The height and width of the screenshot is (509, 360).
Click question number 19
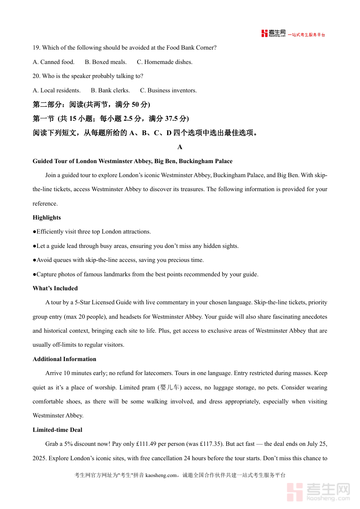pyautogui.click(x=36, y=48)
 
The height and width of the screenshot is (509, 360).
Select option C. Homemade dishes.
pyautogui.click(x=164, y=62)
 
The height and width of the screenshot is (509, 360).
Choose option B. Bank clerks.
pyautogui.click(x=110, y=90)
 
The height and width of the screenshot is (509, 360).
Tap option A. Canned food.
pyautogui.click(x=54, y=62)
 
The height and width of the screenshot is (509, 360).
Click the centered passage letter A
pyautogui.click(x=180, y=147)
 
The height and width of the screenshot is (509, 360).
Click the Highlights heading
pyautogui.click(x=47, y=218)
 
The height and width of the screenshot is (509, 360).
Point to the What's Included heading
pyautogui.click(x=55, y=288)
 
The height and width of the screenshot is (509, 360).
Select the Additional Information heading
pyautogui.click(x=64, y=359)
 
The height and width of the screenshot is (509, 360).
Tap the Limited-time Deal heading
pyautogui.click(x=58, y=430)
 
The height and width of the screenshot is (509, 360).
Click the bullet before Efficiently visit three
pyautogui.click(x=34, y=232)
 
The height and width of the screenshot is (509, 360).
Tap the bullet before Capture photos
pyautogui.click(x=34, y=274)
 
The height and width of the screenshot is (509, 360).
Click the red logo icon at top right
pyautogui.click(x=264, y=34)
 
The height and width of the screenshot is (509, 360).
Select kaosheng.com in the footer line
pyautogui.click(x=161, y=475)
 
